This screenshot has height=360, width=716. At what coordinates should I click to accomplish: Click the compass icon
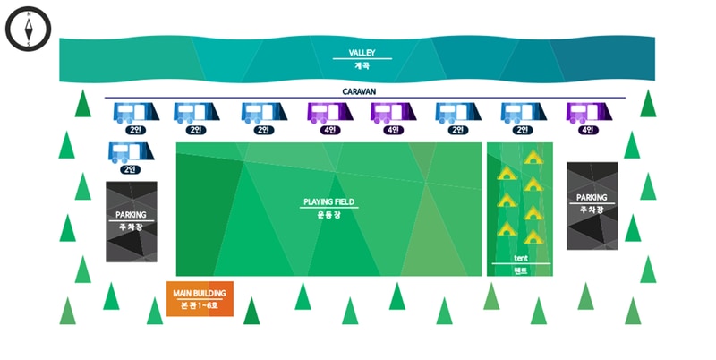tap(29, 30)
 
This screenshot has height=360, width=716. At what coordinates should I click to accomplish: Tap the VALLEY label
tap(362, 53)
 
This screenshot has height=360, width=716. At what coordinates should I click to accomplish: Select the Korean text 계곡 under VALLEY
tap(362, 65)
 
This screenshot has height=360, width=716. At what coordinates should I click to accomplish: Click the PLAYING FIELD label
tap(329, 202)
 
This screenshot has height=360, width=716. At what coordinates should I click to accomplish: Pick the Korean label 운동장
tap(329, 215)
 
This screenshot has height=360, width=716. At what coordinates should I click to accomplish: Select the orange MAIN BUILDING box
tap(200, 300)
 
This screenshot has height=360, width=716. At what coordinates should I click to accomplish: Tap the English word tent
tap(521, 257)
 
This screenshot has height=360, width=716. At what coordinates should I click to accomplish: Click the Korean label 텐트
tap(521, 270)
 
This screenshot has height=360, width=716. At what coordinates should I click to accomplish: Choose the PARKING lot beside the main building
tap(131, 221)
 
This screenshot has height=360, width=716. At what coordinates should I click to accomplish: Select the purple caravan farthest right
tap(587, 113)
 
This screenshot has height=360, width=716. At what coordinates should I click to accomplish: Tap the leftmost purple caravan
tap(329, 113)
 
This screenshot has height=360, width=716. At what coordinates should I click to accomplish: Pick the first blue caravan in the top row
tap(135, 113)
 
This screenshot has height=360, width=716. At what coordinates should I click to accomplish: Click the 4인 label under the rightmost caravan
tap(587, 130)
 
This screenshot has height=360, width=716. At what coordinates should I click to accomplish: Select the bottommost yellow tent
tap(533, 237)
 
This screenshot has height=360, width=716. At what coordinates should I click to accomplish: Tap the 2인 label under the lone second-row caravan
tap(131, 168)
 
